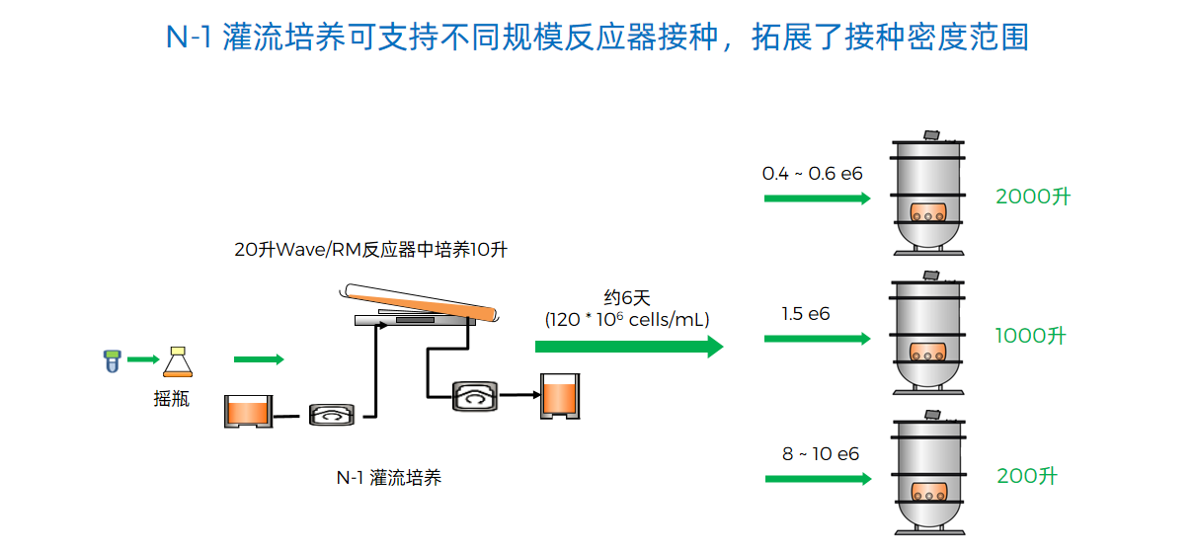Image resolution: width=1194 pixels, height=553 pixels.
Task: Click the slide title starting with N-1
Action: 597,37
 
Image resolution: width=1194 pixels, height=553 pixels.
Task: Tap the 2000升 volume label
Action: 1033,197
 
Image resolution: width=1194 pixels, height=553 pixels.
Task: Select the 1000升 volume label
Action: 1031,336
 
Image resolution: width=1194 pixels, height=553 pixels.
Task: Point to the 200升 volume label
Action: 1027,476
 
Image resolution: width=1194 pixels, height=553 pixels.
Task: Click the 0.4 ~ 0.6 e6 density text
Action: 812,174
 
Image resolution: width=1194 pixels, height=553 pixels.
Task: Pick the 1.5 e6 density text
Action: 806,314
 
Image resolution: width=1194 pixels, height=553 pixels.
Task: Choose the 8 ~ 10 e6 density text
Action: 821,454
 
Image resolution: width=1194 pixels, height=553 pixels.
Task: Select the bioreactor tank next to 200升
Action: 928,476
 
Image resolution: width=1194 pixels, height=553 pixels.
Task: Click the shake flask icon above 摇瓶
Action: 178,361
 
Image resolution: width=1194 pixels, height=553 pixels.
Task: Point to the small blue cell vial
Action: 111,360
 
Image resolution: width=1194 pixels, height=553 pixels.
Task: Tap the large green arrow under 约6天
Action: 628,347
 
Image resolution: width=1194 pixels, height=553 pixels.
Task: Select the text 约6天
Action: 627,296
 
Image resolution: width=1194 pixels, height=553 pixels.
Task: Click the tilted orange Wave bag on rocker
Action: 420,300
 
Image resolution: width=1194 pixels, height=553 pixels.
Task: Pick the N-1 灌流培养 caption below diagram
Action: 389,478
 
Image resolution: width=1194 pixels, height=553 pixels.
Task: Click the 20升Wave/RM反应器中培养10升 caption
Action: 370,250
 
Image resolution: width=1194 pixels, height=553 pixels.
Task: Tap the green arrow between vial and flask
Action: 142,359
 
